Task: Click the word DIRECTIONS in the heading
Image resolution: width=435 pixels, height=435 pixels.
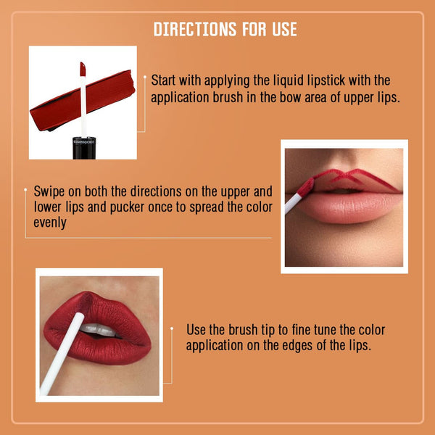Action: click(195, 29)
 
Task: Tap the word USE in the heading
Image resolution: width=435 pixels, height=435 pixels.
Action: click(284, 29)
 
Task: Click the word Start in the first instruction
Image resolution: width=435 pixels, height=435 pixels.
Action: click(163, 80)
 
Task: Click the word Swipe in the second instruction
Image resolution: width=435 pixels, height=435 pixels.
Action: click(49, 192)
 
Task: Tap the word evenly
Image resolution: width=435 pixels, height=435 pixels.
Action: click(50, 223)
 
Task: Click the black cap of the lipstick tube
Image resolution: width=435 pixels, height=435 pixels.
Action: click(84, 148)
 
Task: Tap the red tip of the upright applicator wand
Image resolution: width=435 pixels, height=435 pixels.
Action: click(83, 69)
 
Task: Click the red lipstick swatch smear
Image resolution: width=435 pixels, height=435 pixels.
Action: click(83, 101)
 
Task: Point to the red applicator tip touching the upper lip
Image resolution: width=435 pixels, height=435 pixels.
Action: click(306, 188)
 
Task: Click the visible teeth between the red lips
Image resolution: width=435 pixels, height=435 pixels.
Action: click(99, 330)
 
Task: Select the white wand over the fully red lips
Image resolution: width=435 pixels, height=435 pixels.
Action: click(62, 354)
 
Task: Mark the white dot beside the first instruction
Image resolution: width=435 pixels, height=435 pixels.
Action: click(144, 77)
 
